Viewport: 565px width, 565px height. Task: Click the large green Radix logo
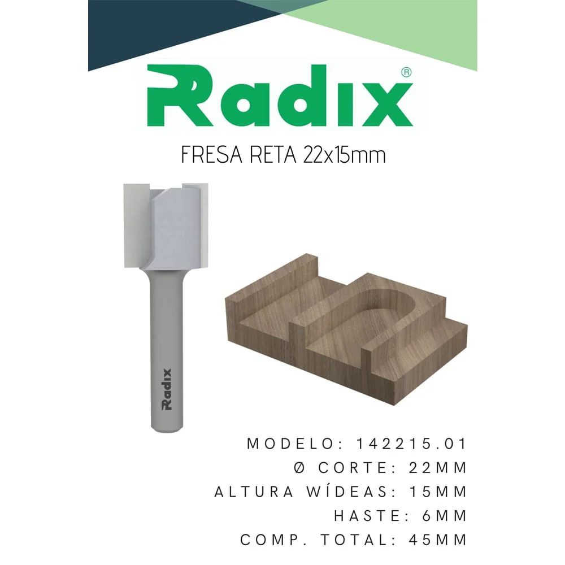(280, 97)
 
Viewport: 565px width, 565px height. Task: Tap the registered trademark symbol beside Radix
(405, 72)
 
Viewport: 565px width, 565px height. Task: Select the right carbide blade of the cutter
(202, 218)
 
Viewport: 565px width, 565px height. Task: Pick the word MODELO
(293, 444)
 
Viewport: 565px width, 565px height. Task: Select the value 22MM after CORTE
(437, 468)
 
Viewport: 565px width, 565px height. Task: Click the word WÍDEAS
(344, 492)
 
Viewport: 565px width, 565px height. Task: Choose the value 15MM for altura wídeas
(437, 492)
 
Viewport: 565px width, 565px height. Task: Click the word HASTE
(370, 516)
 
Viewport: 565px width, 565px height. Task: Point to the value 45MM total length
(437, 540)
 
